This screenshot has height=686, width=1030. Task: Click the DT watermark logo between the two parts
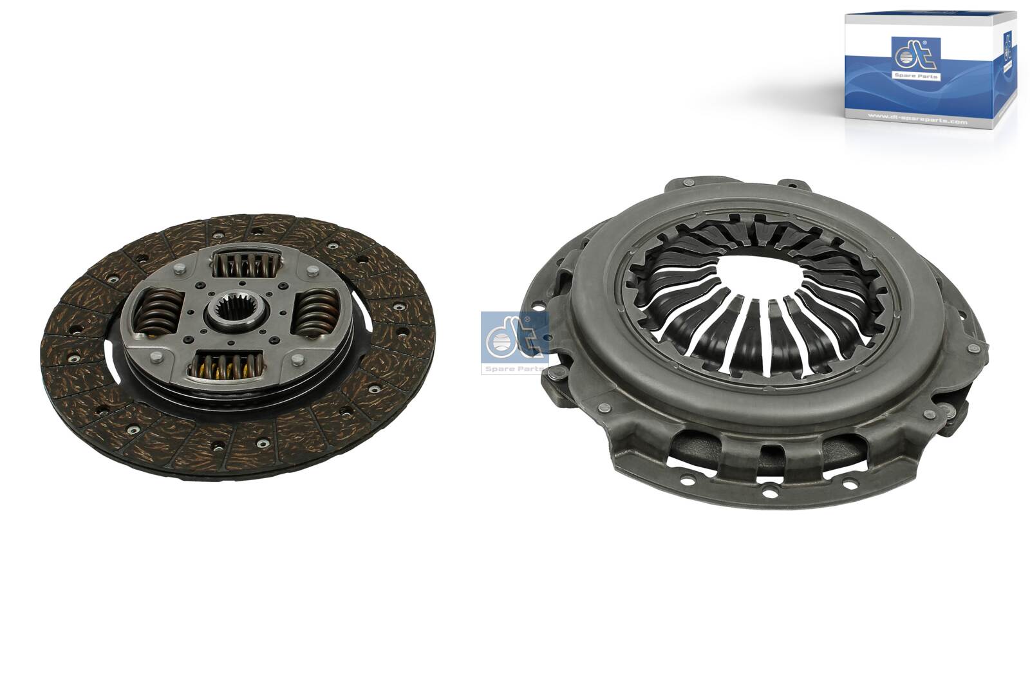pyautogui.click(x=512, y=336)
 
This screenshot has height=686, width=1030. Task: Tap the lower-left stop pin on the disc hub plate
pyautogui.click(x=154, y=356)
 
